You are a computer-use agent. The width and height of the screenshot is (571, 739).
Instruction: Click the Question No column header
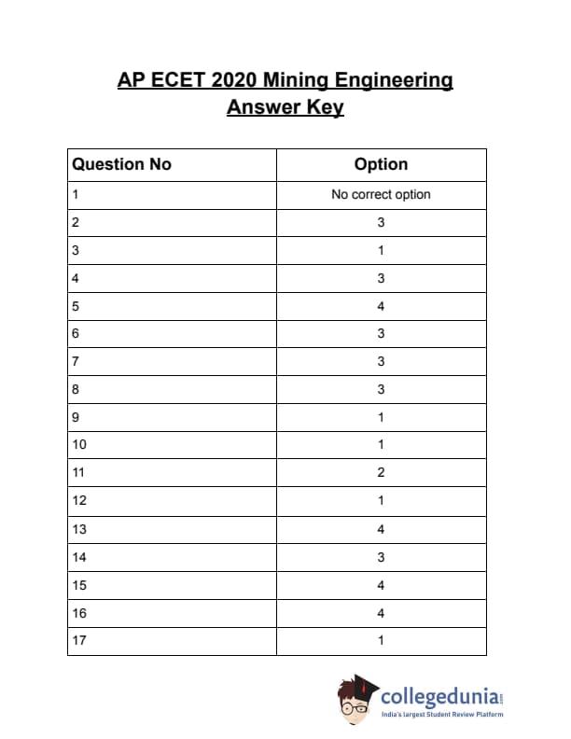(x=121, y=164)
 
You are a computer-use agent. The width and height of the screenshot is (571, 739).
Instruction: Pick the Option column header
(x=381, y=164)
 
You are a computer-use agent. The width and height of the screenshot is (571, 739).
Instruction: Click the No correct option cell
(x=381, y=195)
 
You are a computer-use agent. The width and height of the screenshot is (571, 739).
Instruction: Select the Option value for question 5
(x=381, y=306)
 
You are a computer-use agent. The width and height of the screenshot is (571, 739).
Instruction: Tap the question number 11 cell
(x=78, y=473)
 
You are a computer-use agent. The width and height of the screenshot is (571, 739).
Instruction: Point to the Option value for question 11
(x=381, y=473)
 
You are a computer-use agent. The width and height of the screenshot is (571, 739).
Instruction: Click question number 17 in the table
(x=78, y=640)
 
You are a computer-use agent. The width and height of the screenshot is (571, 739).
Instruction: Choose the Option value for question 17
(x=381, y=640)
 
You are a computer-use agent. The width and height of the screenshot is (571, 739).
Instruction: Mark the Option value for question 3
(x=381, y=250)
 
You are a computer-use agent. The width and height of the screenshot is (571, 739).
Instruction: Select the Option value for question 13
(x=381, y=529)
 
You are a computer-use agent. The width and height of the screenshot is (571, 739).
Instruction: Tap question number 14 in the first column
(x=78, y=557)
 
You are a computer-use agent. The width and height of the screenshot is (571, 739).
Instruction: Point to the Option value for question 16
(x=381, y=613)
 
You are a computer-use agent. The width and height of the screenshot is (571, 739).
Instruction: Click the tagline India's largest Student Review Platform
(x=442, y=715)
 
